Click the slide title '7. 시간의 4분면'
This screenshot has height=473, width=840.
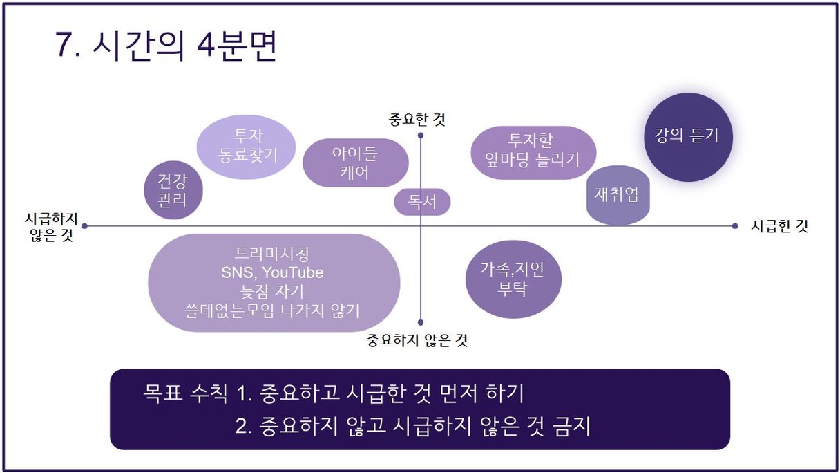166,46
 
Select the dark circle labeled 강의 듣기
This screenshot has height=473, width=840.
688,138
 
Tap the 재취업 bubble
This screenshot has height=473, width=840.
618,195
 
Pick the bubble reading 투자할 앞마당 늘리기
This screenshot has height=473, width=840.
533,152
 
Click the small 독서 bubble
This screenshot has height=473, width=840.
422,202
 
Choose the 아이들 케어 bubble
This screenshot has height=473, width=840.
356,163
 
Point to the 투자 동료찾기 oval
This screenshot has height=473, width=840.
247,147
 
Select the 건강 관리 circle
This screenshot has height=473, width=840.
173,190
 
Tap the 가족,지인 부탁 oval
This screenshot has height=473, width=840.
513,279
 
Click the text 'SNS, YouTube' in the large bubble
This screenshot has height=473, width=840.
272,273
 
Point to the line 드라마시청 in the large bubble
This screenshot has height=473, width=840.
272,254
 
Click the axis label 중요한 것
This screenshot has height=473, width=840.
417,120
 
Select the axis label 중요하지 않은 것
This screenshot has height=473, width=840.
417,340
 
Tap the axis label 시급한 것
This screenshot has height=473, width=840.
779,226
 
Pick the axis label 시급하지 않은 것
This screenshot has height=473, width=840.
51,227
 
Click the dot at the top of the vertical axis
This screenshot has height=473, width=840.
421,136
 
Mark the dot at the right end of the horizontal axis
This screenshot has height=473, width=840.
734,226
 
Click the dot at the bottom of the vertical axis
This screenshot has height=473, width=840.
421,322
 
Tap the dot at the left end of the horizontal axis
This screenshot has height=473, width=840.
84,226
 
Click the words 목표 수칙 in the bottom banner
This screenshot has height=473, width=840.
185,393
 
